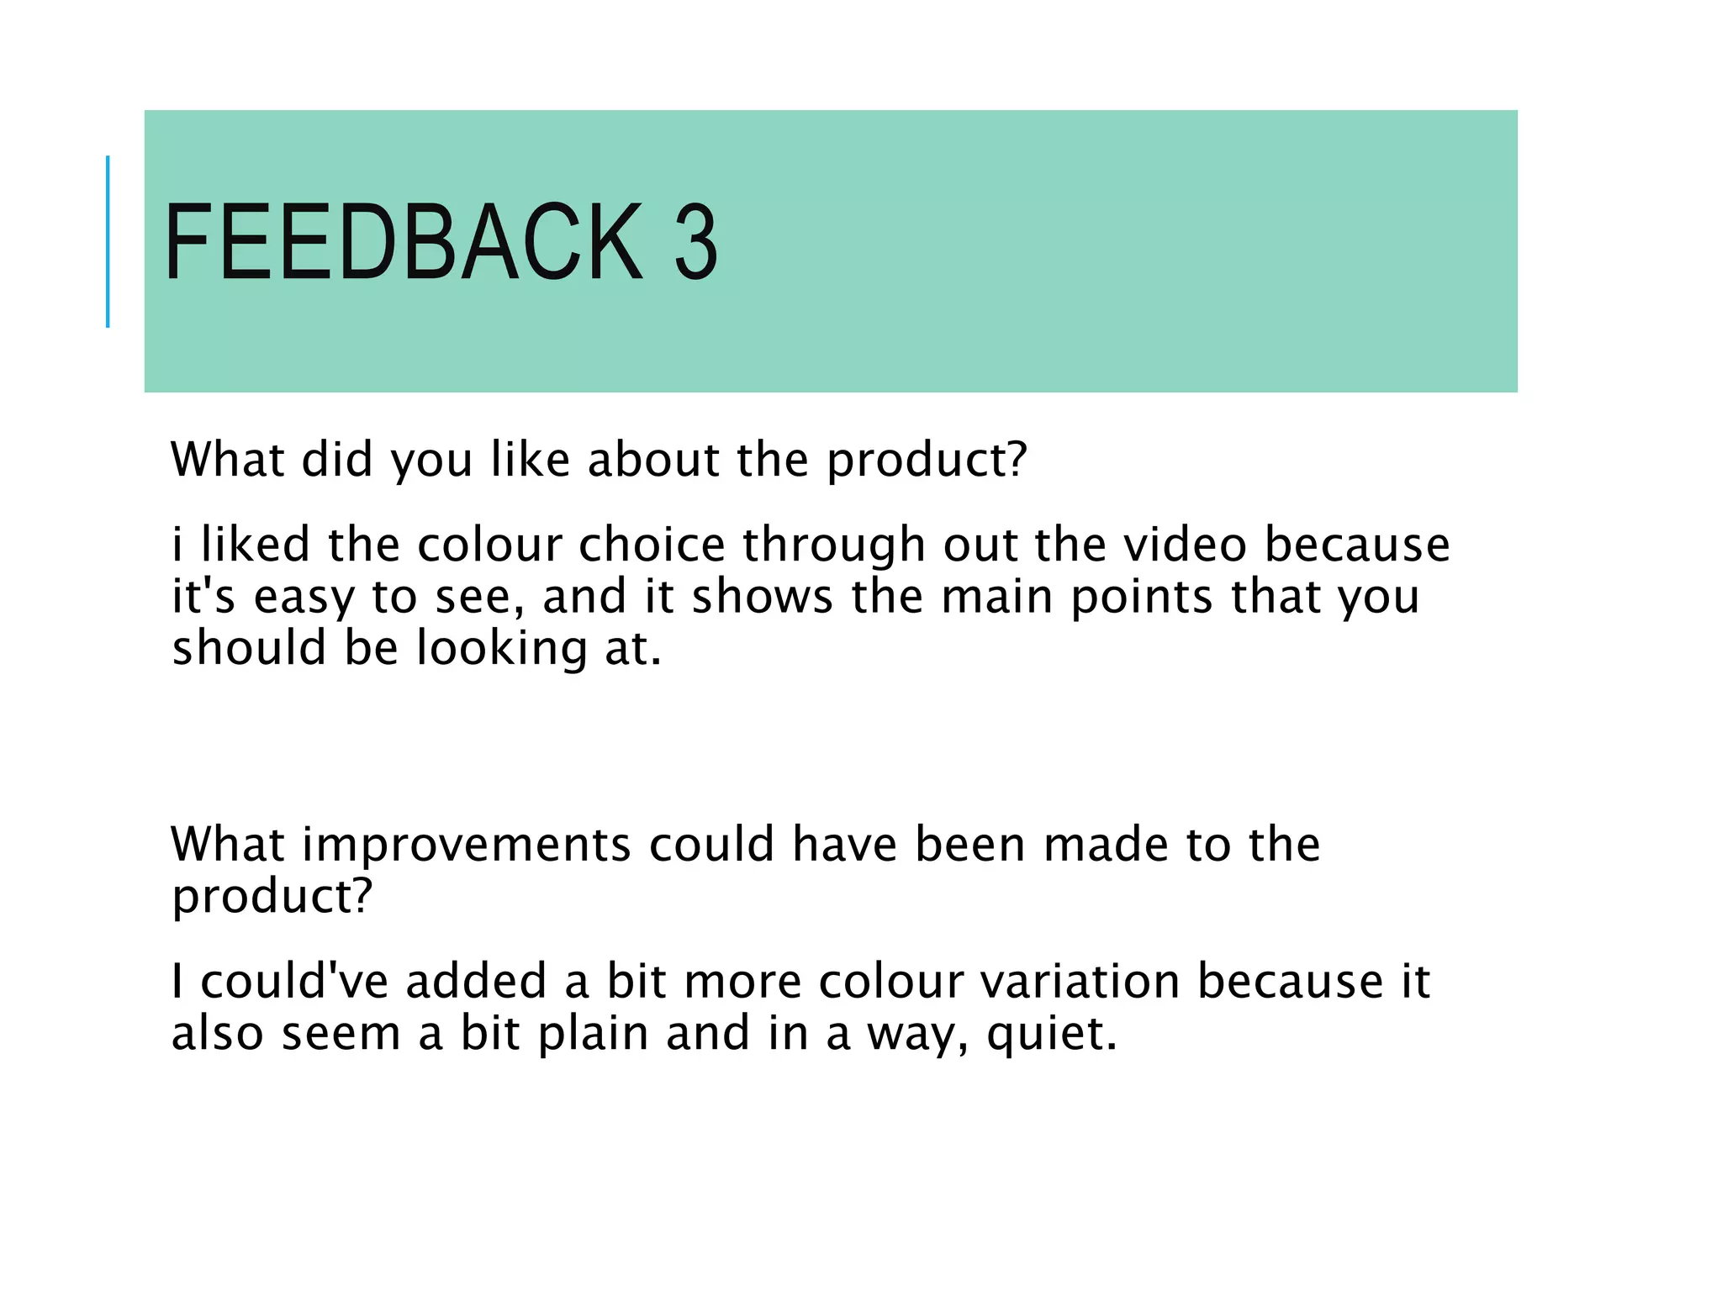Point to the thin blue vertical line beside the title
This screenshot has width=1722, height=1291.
pyautogui.click(x=108, y=242)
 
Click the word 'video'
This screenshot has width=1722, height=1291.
pyautogui.click(x=1185, y=545)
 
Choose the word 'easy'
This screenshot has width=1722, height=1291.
pyautogui.click(x=303, y=598)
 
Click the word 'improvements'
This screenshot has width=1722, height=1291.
pyautogui.click(x=466, y=846)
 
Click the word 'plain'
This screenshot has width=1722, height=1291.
pyautogui.click(x=592, y=1034)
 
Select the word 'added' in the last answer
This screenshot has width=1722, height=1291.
pyautogui.click(x=476, y=981)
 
